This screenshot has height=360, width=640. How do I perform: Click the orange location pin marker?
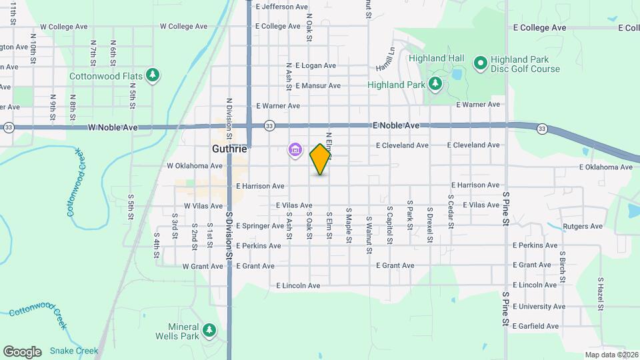click(321, 159)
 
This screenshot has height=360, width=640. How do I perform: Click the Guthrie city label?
click(229, 149)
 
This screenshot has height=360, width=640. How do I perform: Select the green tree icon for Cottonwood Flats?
click(154, 75)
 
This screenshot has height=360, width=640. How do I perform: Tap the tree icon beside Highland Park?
click(435, 84)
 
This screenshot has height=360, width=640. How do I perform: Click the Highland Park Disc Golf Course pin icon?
click(479, 63)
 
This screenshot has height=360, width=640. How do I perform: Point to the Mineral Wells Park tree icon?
click(209, 330)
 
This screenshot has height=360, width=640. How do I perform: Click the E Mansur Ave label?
click(317, 85)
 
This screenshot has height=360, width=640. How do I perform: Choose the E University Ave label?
click(539, 307)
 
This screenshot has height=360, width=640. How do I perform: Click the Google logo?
click(22, 351)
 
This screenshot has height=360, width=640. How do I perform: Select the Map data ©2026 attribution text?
click(611, 355)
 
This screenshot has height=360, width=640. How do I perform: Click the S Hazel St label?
click(600, 294)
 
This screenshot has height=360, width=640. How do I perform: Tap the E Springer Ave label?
click(260, 226)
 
